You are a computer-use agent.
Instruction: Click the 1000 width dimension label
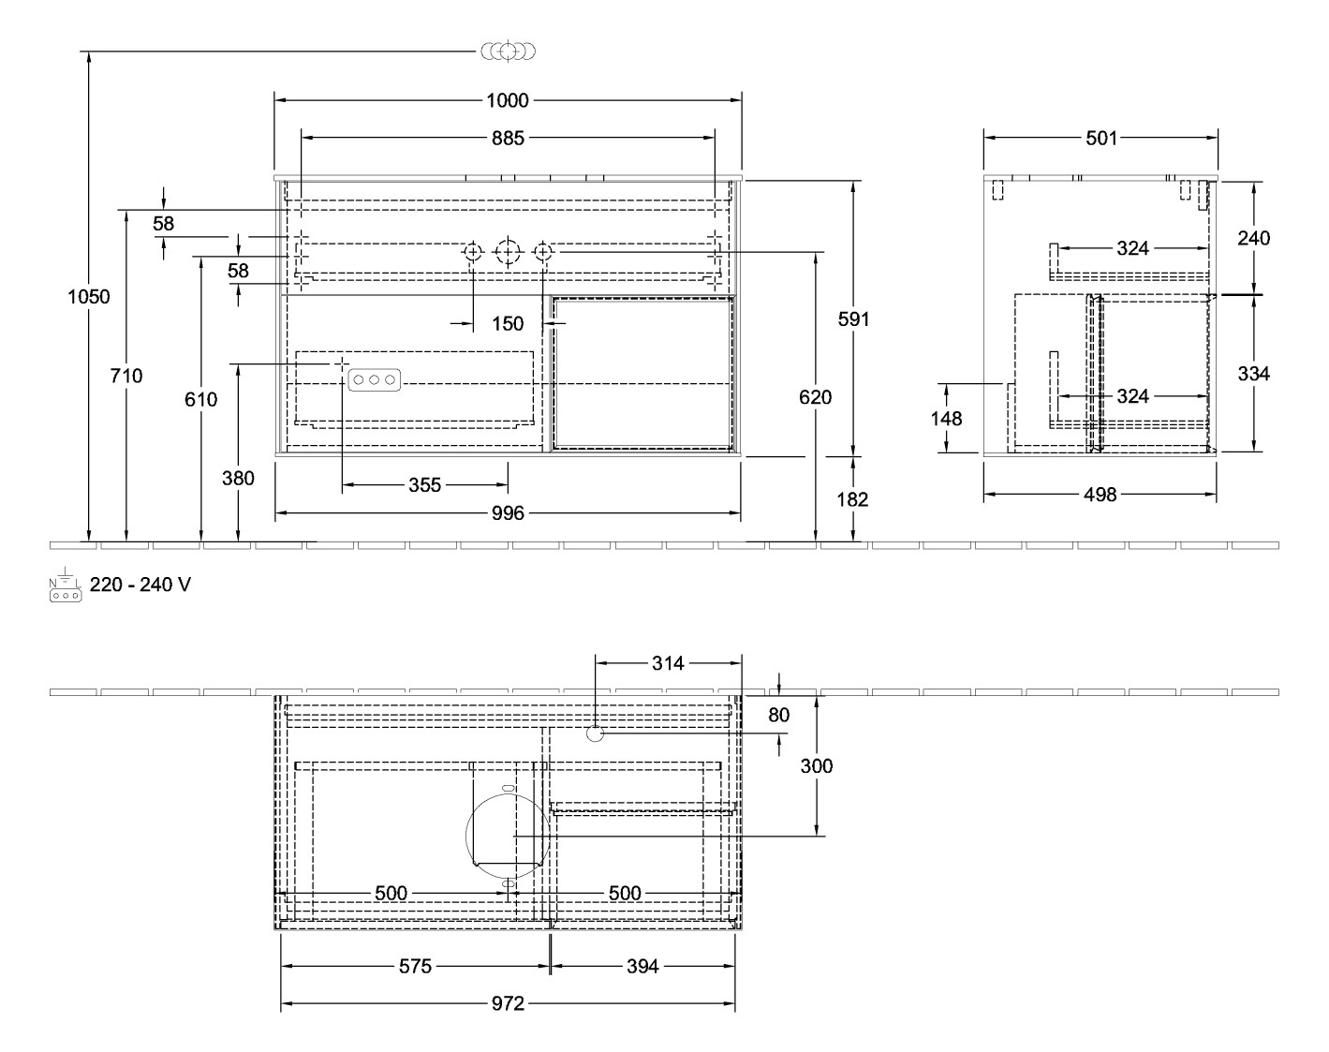[x=507, y=100]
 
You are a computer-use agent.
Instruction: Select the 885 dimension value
[x=507, y=139]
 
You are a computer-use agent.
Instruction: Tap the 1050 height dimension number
[x=89, y=297]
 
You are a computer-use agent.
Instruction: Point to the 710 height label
[x=126, y=376]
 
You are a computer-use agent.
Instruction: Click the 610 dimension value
[x=200, y=399]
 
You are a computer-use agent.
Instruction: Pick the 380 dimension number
[x=238, y=478]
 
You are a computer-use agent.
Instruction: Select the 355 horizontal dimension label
[x=424, y=485]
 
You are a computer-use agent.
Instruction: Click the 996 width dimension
[x=507, y=513]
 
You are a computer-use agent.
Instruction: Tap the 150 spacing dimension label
[x=507, y=324]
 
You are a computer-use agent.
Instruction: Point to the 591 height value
[x=853, y=319]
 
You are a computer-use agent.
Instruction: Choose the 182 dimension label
[x=853, y=499]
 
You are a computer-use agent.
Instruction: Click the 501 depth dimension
[x=1100, y=138]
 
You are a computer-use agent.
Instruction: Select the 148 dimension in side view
[x=947, y=418]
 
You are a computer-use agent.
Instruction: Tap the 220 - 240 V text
[x=140, y=585]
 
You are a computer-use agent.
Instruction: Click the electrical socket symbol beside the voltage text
[x=65, y=585]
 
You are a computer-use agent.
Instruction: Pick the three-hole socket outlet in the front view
[x=375, y=379]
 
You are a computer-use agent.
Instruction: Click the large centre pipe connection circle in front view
[x=507, y=251]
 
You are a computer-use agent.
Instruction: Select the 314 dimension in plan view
[x=668, y=663]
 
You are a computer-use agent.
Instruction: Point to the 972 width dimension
[x=507, y=1004]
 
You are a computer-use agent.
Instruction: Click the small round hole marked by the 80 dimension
[x=595, y=733]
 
